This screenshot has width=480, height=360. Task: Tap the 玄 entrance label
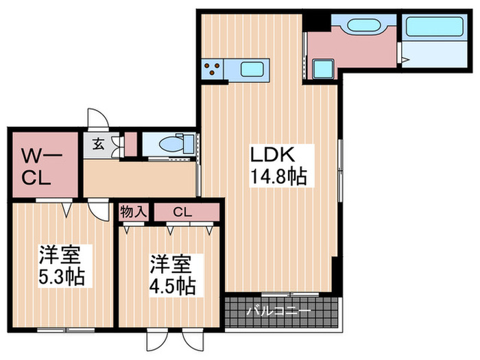click(x=99, y=144)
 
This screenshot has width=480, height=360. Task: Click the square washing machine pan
click(x=322, y=69)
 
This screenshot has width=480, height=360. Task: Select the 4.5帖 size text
click(x=173, y=285)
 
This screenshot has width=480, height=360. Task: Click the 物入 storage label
click(x=134, y=211)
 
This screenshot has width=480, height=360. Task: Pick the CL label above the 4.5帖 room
click(x=182, y=212)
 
